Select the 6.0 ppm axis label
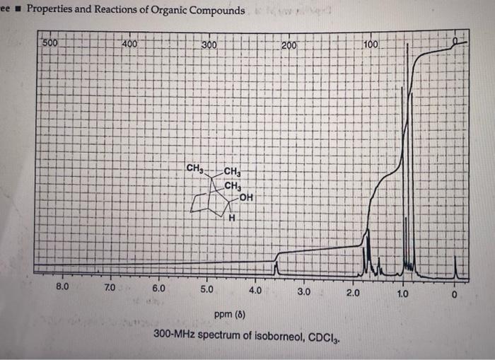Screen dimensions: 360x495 158,289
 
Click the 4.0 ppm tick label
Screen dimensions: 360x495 255,291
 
